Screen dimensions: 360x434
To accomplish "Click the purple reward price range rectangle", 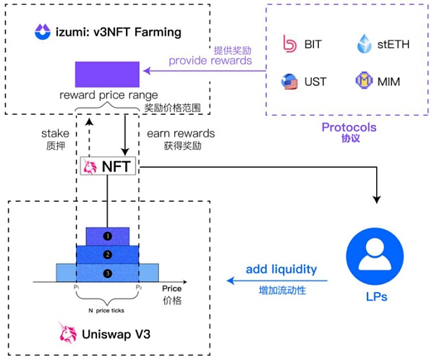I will (107, 75).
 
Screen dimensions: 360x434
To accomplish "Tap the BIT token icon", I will (291, 44).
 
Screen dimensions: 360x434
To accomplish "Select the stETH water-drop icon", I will (365, 43).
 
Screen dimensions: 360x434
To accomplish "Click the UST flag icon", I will (291, 82).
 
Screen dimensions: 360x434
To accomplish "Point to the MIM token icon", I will (364, 82).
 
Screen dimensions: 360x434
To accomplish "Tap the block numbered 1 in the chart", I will (107, 236).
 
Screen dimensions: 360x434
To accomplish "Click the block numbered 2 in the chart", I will (107, 254).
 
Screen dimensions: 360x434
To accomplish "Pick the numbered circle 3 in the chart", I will (107, 273).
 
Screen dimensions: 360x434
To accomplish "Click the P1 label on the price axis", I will (76, 288).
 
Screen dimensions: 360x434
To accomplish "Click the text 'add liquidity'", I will (281, 269).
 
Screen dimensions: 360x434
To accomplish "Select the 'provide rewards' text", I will (210, 61).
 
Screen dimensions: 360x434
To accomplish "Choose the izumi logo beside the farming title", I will (41, 32).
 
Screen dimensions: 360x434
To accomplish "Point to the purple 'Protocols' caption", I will (350, 127).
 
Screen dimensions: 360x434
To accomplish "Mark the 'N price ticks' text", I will (106, 310).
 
